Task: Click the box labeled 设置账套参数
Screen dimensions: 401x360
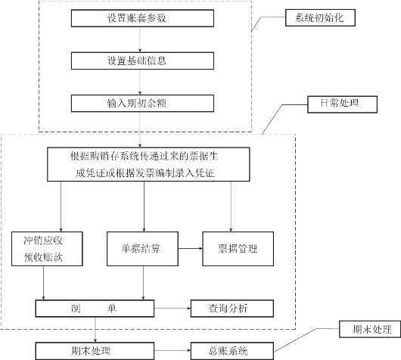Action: (142, 18)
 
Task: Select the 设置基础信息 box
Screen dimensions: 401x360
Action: (142, 61)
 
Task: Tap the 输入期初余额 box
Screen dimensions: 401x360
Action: (142, 104)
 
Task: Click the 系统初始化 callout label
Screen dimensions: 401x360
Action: (320, 17)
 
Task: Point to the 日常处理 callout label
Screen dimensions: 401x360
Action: (342, 104)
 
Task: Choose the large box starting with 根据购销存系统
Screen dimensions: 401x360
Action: (148, 164)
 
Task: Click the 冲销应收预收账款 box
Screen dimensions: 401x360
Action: (47, 249)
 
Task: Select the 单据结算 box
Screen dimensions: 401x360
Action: (142, 249)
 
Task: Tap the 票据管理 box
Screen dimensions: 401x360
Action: (238, 249)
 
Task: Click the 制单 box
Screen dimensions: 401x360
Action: (95, 309)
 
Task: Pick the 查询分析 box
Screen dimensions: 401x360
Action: (232, 309)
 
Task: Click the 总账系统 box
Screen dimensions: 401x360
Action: (232, 351)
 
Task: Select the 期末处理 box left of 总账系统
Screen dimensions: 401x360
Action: (95, 351)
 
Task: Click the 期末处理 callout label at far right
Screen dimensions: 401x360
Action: (370, 329)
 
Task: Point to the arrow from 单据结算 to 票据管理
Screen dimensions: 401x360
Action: (190, 248)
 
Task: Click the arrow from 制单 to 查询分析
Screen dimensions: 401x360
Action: (173, 309)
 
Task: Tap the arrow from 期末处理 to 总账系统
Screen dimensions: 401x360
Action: (173, 350)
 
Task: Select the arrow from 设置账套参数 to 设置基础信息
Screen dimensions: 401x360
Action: (140, 39)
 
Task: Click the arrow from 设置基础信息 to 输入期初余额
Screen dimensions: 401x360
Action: (140, 82)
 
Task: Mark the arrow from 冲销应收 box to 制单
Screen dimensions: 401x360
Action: (43, 283)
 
